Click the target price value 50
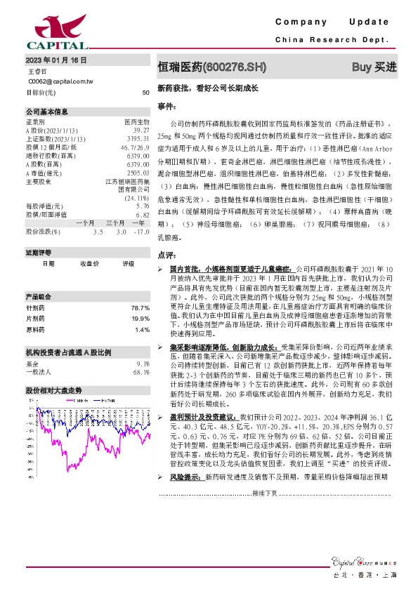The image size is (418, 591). [x=145, y=93]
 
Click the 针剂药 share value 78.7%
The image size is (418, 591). [x=141, y=307]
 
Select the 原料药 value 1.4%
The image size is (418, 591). [x=143, y=329]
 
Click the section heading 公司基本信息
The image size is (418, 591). [x=48, y=112]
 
